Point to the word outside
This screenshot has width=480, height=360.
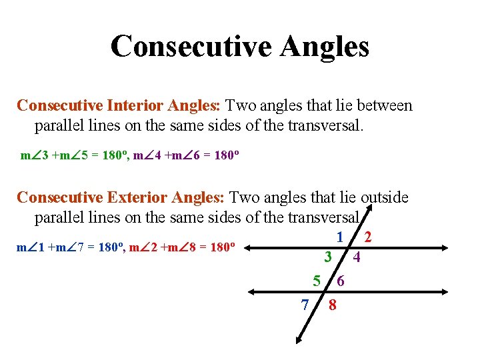tap(385, 197)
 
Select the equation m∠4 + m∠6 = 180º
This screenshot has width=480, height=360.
tap(187, 157)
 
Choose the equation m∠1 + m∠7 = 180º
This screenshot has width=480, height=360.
tap(69, 248)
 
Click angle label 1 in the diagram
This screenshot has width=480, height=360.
tap(340, 237)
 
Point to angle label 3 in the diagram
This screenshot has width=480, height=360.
tap(327, 257)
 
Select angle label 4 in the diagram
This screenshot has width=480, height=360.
tap(357, 257)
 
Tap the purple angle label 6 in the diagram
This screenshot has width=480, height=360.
tap(341, 282)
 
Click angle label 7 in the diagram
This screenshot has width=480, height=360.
tap(305, 305)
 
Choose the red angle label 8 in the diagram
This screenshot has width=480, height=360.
tap(332, 306)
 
